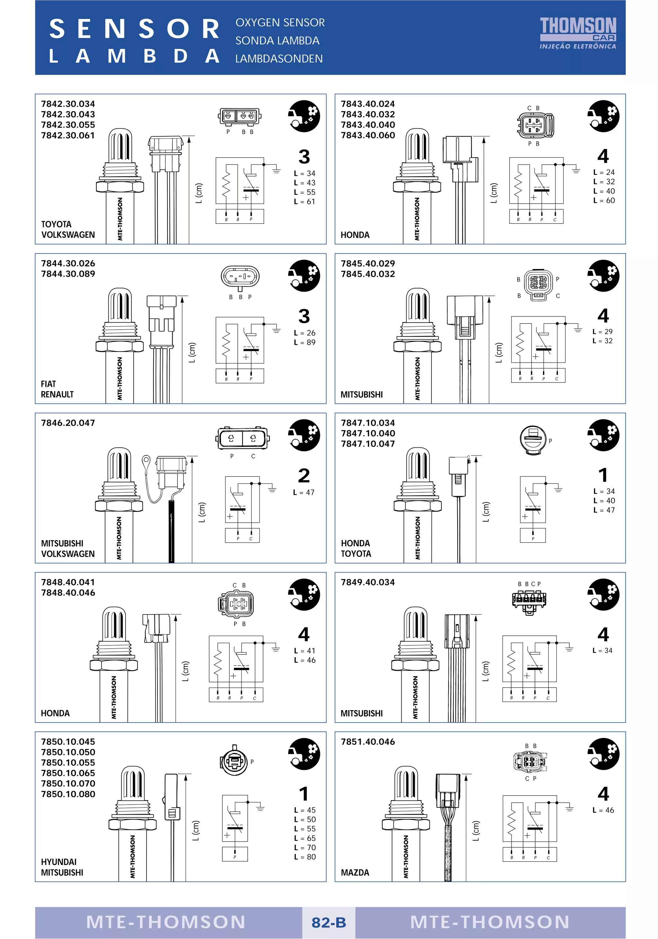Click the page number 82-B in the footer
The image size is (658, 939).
tap(329, 922)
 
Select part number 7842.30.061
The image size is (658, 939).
tap(68, 135)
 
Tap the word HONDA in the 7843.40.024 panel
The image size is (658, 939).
tap(355, 235)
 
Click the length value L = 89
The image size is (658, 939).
tap(305, 342)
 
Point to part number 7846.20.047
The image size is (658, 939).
tap(68, 423)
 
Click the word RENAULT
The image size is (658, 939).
tap(57, 394)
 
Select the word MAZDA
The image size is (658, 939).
tap(355, 872)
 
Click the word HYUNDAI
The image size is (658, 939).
tap(58, 862)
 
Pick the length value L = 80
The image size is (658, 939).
tap(305, 857)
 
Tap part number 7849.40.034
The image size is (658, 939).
tap(368, 582)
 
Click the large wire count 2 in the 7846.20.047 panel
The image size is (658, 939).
tap(304, 476)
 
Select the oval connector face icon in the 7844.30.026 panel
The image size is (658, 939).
tap(240, 277)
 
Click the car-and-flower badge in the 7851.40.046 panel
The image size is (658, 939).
tap(603, 754)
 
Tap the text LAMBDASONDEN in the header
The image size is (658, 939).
tap(279, 59)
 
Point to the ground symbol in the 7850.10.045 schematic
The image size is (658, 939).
tap(260, 808)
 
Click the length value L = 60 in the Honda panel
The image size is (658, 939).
tap(604, 200)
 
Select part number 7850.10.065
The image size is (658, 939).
tap(68, 773)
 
